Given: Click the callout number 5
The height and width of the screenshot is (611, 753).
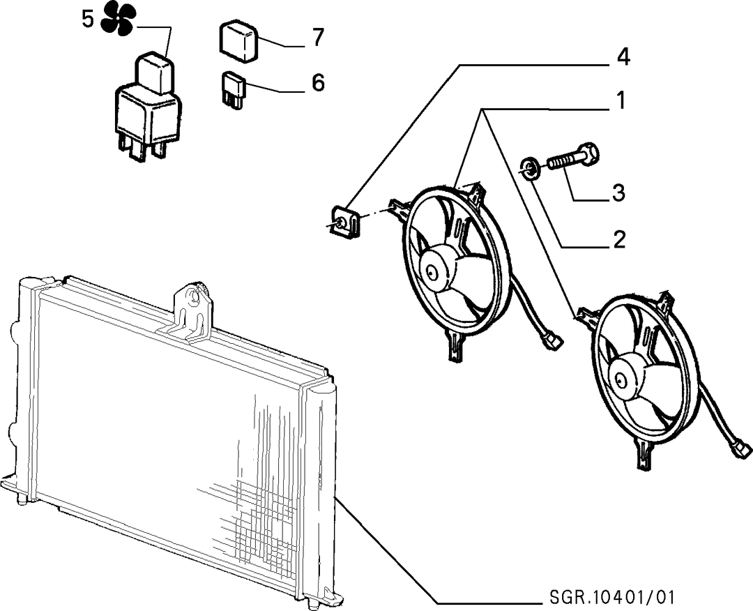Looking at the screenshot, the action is [x=87, y=20].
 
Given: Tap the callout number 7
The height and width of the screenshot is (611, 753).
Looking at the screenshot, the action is [x=318, y=38].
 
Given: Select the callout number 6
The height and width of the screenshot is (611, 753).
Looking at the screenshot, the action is [x=318, y=82].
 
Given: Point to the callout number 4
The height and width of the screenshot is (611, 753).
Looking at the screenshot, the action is [x=623, y=57].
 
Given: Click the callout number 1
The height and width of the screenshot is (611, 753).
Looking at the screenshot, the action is [x=621, y=101].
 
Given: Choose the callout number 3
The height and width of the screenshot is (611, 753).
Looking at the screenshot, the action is [x=618, y=193].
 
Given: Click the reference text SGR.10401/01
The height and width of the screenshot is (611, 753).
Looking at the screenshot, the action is [x=612, y=598].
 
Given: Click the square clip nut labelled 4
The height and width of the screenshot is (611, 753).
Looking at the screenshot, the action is [x=345, y=221].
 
